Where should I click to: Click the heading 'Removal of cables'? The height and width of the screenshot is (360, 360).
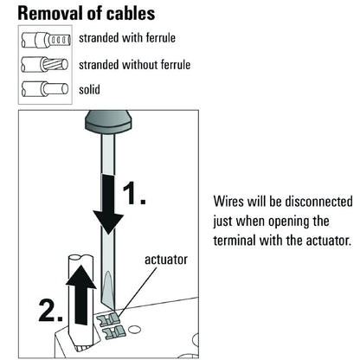tap(87, 13)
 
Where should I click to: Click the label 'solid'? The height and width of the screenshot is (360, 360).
tap(91, 89)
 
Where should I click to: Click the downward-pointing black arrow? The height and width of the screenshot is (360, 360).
tap(107, 203)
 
